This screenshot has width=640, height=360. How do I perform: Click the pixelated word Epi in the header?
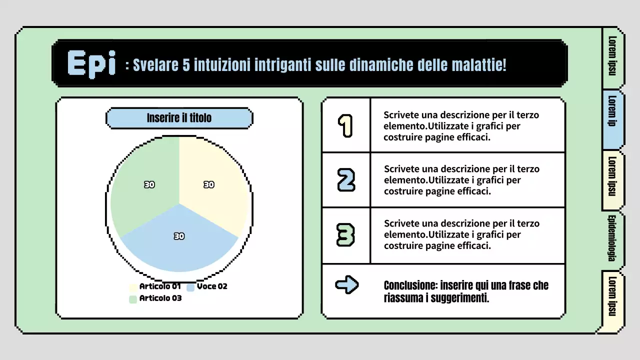point(91,64)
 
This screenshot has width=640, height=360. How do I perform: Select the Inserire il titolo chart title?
point(179,118)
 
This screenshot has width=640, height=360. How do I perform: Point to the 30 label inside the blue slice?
point(179,236)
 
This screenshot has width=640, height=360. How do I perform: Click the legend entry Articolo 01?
point(159,286)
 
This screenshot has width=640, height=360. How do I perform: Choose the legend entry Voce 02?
point(211,286)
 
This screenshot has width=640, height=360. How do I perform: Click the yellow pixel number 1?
point(345,125)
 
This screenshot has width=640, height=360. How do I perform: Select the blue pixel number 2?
point(346,180)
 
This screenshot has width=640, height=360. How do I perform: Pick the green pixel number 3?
point(346,235)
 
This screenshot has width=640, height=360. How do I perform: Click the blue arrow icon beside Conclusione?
point(346,285)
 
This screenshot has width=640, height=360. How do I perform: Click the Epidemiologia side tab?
point(611,238)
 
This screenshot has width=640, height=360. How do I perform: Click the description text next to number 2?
point(461,180)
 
